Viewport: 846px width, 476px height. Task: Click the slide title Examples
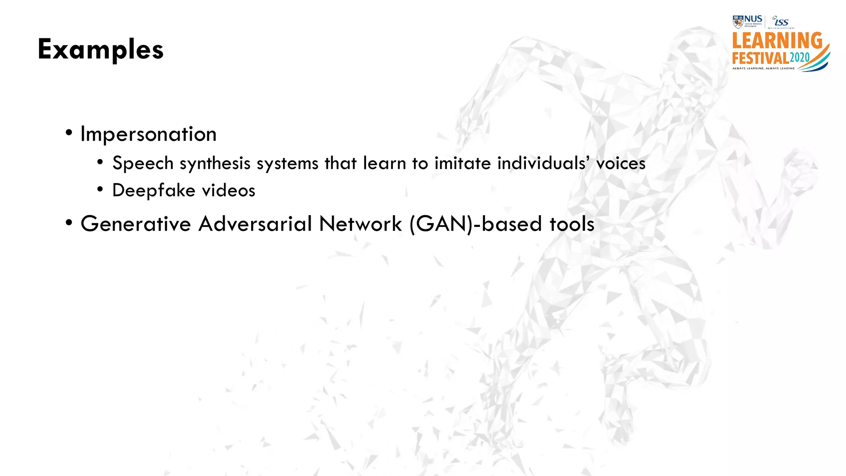pyautogui.click(x=100, y=50)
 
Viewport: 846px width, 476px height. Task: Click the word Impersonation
pyautogui.click(x=148, y=134)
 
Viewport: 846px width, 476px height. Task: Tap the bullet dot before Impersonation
pyautogui.click(x=69, y=133)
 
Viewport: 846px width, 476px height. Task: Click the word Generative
pyautogui.click(x=135, y=224)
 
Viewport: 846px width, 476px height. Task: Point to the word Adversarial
pyautogui.click(x=255, y=224)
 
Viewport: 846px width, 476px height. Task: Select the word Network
pyautogui.click(x=360, y=224)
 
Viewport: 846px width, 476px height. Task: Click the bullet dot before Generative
pyautogui.click(x=69, y=223)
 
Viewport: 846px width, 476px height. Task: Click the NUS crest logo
pyautogui.click(x=738, y=21)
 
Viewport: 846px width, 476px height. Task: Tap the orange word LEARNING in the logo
pyautogui.click(x=777, y=41)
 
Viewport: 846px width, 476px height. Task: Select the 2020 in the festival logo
pyautogui.click(x=800, y=57)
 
